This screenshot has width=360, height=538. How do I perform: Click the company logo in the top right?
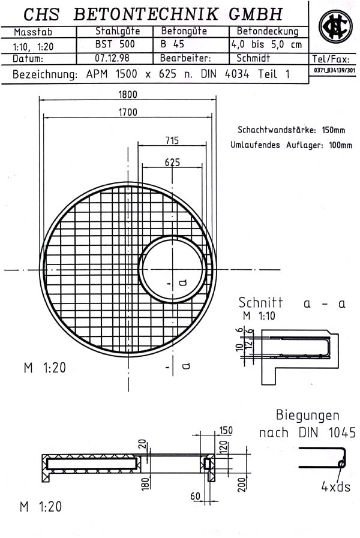(x=335, y=28)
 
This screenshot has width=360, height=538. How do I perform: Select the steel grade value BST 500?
(x=115, y=44)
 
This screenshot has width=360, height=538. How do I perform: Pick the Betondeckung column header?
(x=265, y=31)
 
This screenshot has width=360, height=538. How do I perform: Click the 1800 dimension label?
(x=128, y=94)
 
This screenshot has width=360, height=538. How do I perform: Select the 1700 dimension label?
(x=128, y=112)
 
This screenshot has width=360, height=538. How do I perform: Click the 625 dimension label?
(x=172, y=162)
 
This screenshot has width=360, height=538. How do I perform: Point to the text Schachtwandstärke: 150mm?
(x=291, y=130)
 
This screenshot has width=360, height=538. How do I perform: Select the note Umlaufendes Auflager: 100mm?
(x=291, y=145)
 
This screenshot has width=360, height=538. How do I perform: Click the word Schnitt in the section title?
(x=260, y=303)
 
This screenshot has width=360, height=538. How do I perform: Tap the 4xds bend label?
(x=335, y=486)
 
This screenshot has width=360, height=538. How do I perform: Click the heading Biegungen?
(x=307, y=415)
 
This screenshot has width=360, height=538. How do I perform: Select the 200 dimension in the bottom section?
(x=242, y=484)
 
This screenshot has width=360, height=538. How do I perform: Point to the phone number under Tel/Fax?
(x=334, y=71)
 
